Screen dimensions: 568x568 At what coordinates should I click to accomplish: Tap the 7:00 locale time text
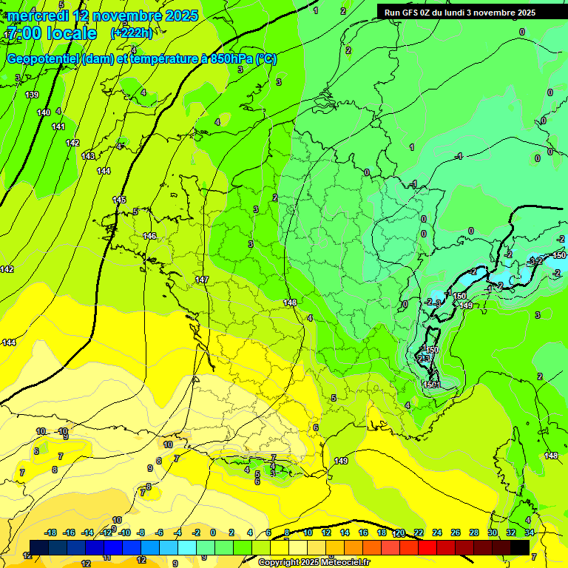pyautogui.click(x=52, y=33)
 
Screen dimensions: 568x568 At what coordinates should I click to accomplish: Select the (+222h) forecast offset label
pyautogui.click(x=131, y=33)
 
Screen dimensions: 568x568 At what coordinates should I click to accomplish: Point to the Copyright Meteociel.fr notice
pyautogui.click(x=314, y=563)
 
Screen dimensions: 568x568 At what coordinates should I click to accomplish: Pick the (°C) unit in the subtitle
pyautogui.click(x=266, y=59)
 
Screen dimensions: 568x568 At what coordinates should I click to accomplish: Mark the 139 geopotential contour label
pyautogui.click(x=32, y=95)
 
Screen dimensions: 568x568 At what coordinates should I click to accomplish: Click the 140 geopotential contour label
pyautogui.click(x=44, y=112)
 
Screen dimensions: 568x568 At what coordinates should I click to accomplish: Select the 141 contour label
pyautogui.click(x=58, y=126)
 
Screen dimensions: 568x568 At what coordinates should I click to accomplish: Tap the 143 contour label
pyautogui.click(x=88, y=156)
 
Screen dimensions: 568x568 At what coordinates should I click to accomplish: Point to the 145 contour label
pyautogui.click(x=119, y=200)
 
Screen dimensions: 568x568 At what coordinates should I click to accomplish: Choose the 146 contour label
pyautogui.click(x=149, y=236)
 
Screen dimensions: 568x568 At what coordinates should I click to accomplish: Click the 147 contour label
pyautogui.click(x=202, y=280)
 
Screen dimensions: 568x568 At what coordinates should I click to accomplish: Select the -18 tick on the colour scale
pyautogui.click(x=50, y=532)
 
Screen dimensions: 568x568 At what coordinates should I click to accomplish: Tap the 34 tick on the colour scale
pyautogui.click(x=530, y=532)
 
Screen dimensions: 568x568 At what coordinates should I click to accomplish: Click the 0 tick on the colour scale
pyautogui.click(x=213, y=532)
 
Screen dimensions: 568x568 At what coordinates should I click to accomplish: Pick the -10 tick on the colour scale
pyautogui.click(x=124, y=532)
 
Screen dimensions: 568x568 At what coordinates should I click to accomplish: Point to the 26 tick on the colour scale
pyautogui.click(x=456, y=532)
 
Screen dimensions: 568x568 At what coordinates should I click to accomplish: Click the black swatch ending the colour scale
pyautogui.click(x=520, y=547)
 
